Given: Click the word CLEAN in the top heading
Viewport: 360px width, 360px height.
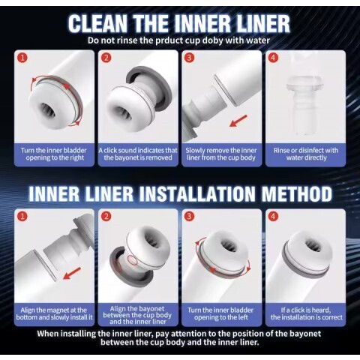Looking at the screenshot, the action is pos(97,23).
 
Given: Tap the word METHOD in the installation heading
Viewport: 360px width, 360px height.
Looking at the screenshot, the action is pos(297,193).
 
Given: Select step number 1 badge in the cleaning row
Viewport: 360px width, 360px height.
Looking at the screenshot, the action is pos(22,58).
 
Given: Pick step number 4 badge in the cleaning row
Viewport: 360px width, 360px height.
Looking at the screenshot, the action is pos(273,58).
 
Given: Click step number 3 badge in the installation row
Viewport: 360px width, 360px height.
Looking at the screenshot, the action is pos(189,216).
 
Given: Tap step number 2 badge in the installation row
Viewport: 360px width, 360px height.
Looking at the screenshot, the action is pos(106,216).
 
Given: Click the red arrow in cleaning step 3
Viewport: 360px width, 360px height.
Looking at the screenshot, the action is pos(238,121).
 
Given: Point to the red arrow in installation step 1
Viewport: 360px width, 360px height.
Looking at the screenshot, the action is pos(72,273).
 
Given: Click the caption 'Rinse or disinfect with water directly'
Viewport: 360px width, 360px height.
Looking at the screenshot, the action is pos(306,154).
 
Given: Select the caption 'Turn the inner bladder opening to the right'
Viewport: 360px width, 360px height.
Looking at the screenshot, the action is pos(54,154).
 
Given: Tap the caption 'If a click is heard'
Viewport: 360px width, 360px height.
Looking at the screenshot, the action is pos(306,310).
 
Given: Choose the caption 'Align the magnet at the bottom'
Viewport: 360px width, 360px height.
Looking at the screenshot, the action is pos(54,313).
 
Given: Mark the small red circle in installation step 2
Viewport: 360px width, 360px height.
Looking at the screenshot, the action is pos(133,260).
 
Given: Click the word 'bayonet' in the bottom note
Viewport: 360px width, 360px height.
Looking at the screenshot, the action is pos(304,334).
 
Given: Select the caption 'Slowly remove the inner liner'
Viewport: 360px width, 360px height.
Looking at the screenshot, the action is pos(221,154).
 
